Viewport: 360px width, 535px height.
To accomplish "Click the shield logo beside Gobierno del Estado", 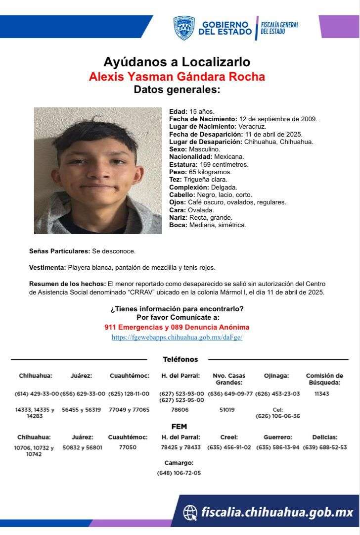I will (184, 28).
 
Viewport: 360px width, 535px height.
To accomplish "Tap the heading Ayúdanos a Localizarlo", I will (177, 62).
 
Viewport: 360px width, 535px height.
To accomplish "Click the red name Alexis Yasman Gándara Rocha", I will (177, 76).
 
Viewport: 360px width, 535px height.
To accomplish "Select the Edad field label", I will (178, 111).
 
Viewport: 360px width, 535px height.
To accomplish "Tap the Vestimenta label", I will (47, 267).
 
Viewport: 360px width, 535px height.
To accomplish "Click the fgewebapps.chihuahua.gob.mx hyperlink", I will (177, 337).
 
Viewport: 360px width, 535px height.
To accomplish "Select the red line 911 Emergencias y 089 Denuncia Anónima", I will (177, 327).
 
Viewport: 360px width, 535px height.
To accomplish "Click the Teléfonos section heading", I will (180, 359).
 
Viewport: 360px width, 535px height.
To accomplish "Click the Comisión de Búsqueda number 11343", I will (324, 394).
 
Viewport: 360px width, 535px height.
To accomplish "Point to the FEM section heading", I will (179, 426).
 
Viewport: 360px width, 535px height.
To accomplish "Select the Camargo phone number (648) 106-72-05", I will (179, 473).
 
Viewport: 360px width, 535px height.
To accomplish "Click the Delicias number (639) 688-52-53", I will (325, 447).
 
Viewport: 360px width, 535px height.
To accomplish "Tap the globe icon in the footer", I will (190, 511).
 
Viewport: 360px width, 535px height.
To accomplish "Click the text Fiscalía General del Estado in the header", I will (279, 28).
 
